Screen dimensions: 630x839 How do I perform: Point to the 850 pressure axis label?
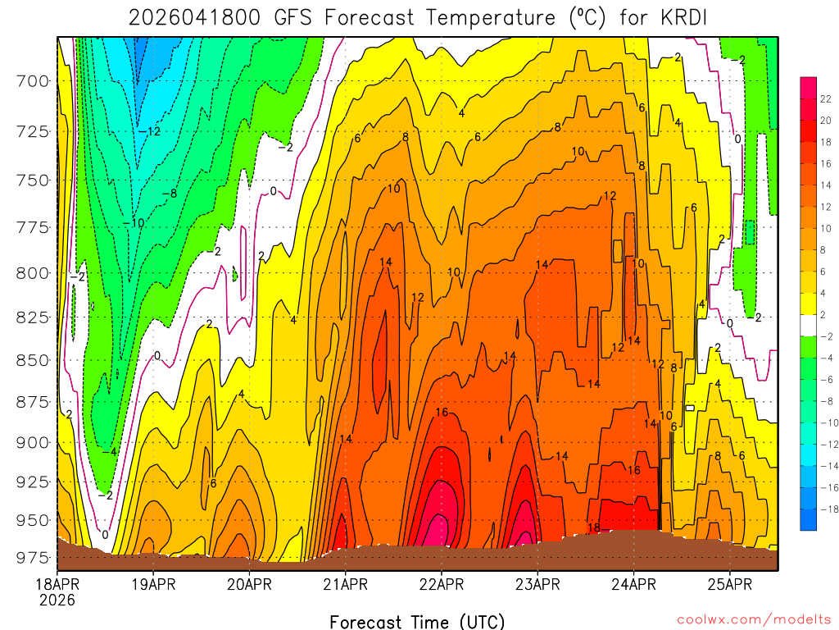(x=34, y=359)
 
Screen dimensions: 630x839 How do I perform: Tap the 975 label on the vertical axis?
(x=34, y=558)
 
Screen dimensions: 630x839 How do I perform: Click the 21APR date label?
(x=345, y=584)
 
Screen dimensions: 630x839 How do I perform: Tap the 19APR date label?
(x=152, y=584)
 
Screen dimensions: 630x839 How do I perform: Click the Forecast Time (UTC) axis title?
(x=417, y=621)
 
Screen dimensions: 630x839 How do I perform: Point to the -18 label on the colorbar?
(x=825, y=509)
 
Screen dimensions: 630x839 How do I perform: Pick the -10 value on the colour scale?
(x=825, y=422)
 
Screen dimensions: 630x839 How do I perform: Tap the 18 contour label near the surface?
(x=595, y=527)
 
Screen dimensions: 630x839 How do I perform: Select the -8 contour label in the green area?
(x=169, y=194)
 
